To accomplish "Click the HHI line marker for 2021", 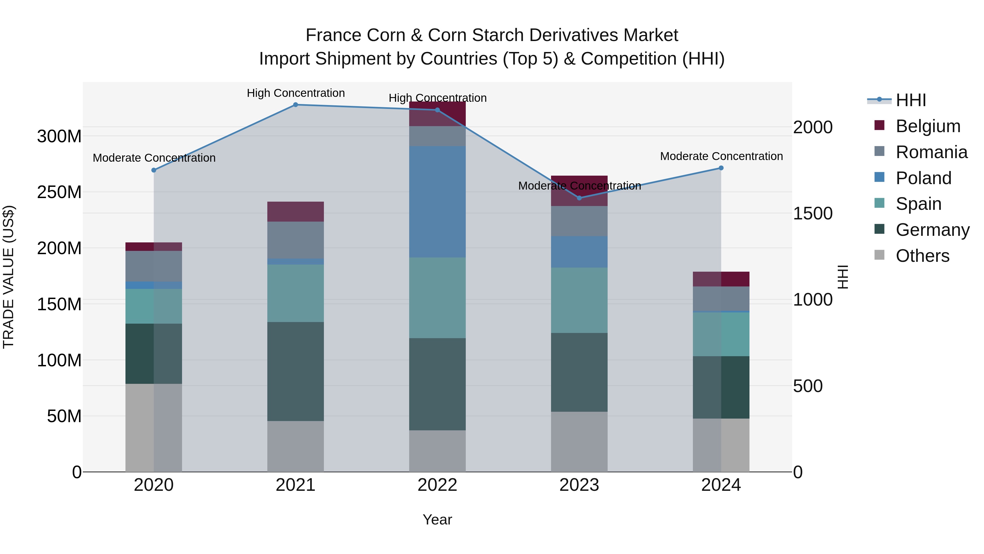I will [x=295, y=105].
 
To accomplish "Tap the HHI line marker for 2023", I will [x=579, y=198].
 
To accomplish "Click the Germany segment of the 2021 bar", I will [x=295, y=371].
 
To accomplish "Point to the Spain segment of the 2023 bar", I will [x=579, y=300].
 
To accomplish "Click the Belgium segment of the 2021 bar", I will [x=295, y=211].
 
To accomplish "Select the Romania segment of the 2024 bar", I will [x=721, y=298].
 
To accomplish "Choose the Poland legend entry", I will [x=923, y=178].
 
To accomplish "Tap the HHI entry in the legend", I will [x=911, y=100].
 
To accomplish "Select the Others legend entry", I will [x=922, y=256].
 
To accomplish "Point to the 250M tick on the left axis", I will [x=59, y=192].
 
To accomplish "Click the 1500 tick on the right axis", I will [x=813, y=213].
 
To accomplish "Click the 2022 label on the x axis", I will [x=437, y=485].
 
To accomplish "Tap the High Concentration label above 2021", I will [x=296, y=93].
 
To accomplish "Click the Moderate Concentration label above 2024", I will [x=721, y=156].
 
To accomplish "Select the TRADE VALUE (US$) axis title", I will [x=8, y=277].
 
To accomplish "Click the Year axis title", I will [x=437, y=520].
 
